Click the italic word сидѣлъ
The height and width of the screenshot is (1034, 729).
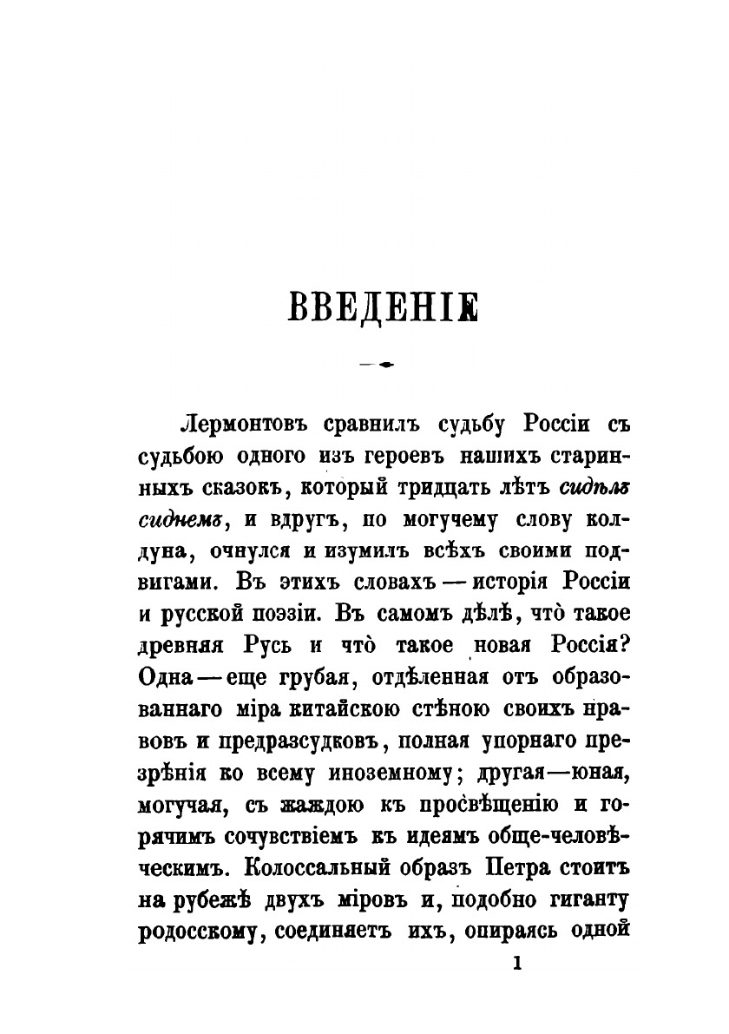pyautogui.click(x=594, y=488)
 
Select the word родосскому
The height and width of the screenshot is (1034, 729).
pyautogui.click(x=198, y=931)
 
